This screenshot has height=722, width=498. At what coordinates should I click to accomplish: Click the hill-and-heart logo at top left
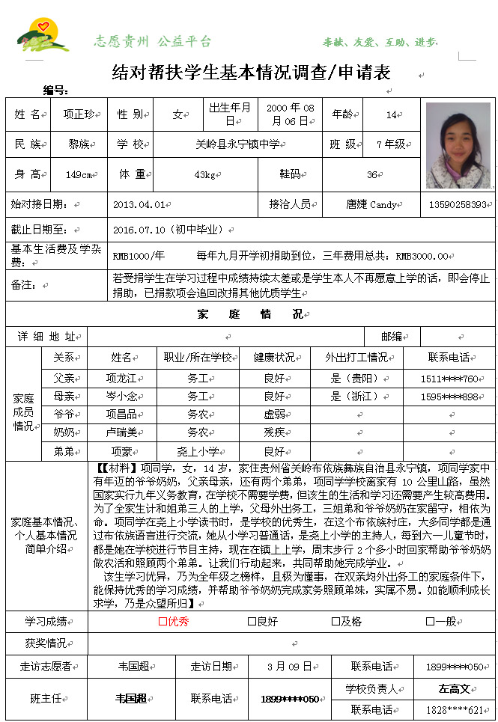[43, 37]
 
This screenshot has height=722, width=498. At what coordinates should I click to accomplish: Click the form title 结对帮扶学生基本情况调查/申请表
[251, 73]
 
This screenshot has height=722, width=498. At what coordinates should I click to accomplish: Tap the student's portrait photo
[458, 145]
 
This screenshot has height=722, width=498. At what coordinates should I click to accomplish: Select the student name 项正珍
[79, 114]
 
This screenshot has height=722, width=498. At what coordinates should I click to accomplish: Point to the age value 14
[390, 114]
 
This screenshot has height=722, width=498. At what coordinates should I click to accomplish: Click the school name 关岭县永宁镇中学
[236, 144]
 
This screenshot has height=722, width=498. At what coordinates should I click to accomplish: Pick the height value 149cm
[79, 174]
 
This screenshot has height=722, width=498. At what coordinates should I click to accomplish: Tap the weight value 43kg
[204, 174]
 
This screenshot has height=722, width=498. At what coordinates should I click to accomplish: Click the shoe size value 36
[371, 174]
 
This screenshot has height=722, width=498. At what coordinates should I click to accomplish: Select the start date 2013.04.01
[138, 204]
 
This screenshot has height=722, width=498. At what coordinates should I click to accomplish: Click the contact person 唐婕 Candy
[371, 204]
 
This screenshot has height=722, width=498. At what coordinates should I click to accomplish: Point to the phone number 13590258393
[458, 204]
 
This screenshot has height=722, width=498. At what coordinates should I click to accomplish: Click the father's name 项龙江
[121, 379]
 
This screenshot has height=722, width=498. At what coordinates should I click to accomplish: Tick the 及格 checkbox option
[335, 621]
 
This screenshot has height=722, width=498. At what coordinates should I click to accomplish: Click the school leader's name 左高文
[454, 688]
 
